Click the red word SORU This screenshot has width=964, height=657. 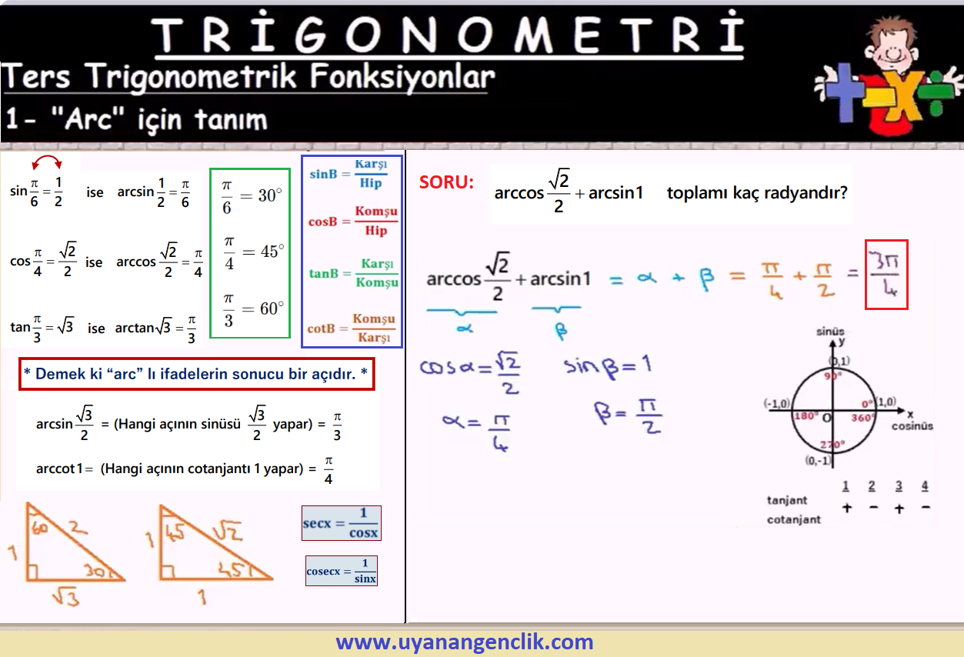tap(446, 182)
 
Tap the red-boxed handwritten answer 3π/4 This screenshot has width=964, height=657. tap(886, 275)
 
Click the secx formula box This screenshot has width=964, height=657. tap(342, 523)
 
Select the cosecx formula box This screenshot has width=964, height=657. tap(342, 571)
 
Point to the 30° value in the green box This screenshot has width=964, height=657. tap(270, 195)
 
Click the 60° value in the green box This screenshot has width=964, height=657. tap(272, 308)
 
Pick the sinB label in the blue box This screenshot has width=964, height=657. tap(323, 174)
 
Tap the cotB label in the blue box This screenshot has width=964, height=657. tap(321, 328)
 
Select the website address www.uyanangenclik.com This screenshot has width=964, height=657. tap(465, 642)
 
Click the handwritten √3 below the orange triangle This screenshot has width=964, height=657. tap(66, 597)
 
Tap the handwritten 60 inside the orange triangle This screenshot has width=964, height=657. tap(39, 528)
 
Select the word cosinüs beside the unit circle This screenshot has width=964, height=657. tap(912, 426)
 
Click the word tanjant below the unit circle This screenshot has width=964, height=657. tap(787, 500)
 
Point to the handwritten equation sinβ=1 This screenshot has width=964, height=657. tap(607, 366)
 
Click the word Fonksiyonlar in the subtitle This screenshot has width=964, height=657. tap(402, 78)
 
